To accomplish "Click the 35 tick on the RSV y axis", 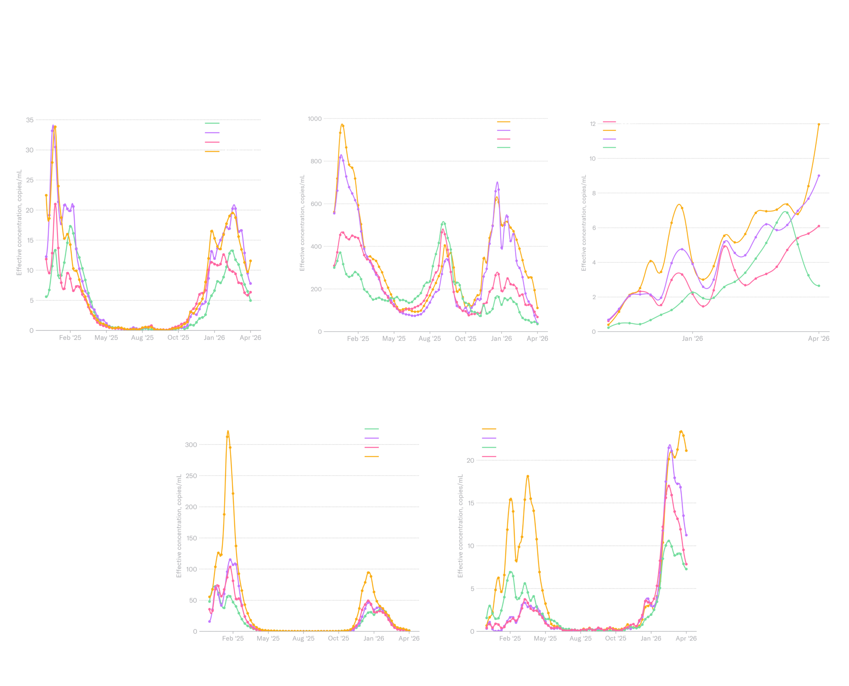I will click(x=30, y=120).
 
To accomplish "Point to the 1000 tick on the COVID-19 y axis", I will click(x=315, y=118).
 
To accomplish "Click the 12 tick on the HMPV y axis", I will click(x=593, y=124).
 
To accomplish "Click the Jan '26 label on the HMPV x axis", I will click(x=692, y=339).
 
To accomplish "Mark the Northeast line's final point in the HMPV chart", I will click(x=819, y=124).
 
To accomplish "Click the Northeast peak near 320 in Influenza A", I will click(x=228, y=432).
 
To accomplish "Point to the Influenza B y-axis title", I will click(x=460, y=525).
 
